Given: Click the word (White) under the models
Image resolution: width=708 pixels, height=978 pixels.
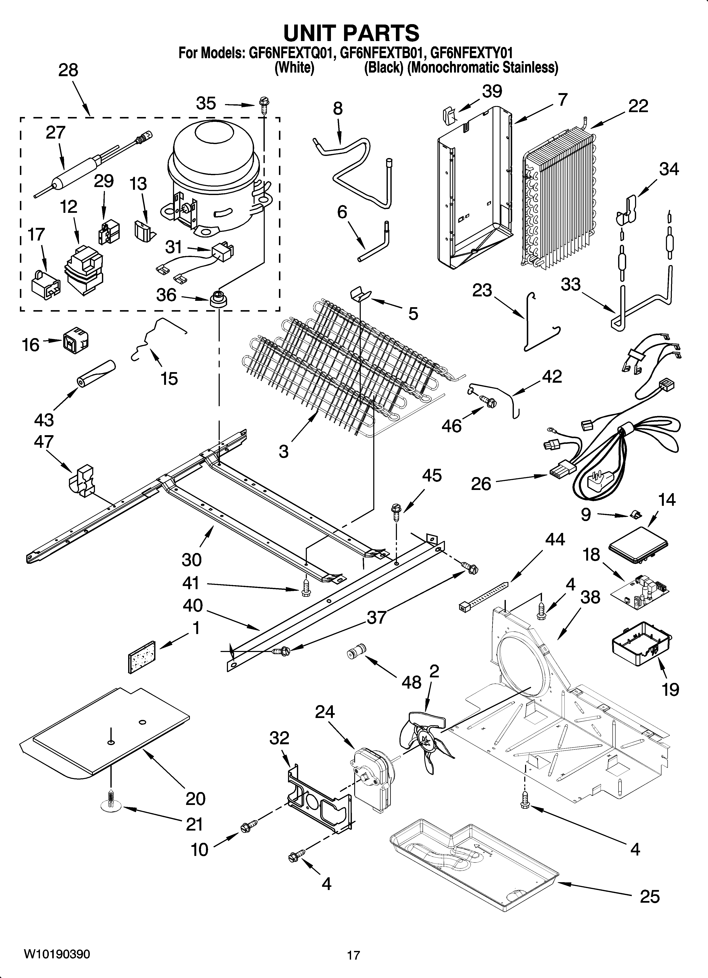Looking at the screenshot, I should [x=294, y=68].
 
